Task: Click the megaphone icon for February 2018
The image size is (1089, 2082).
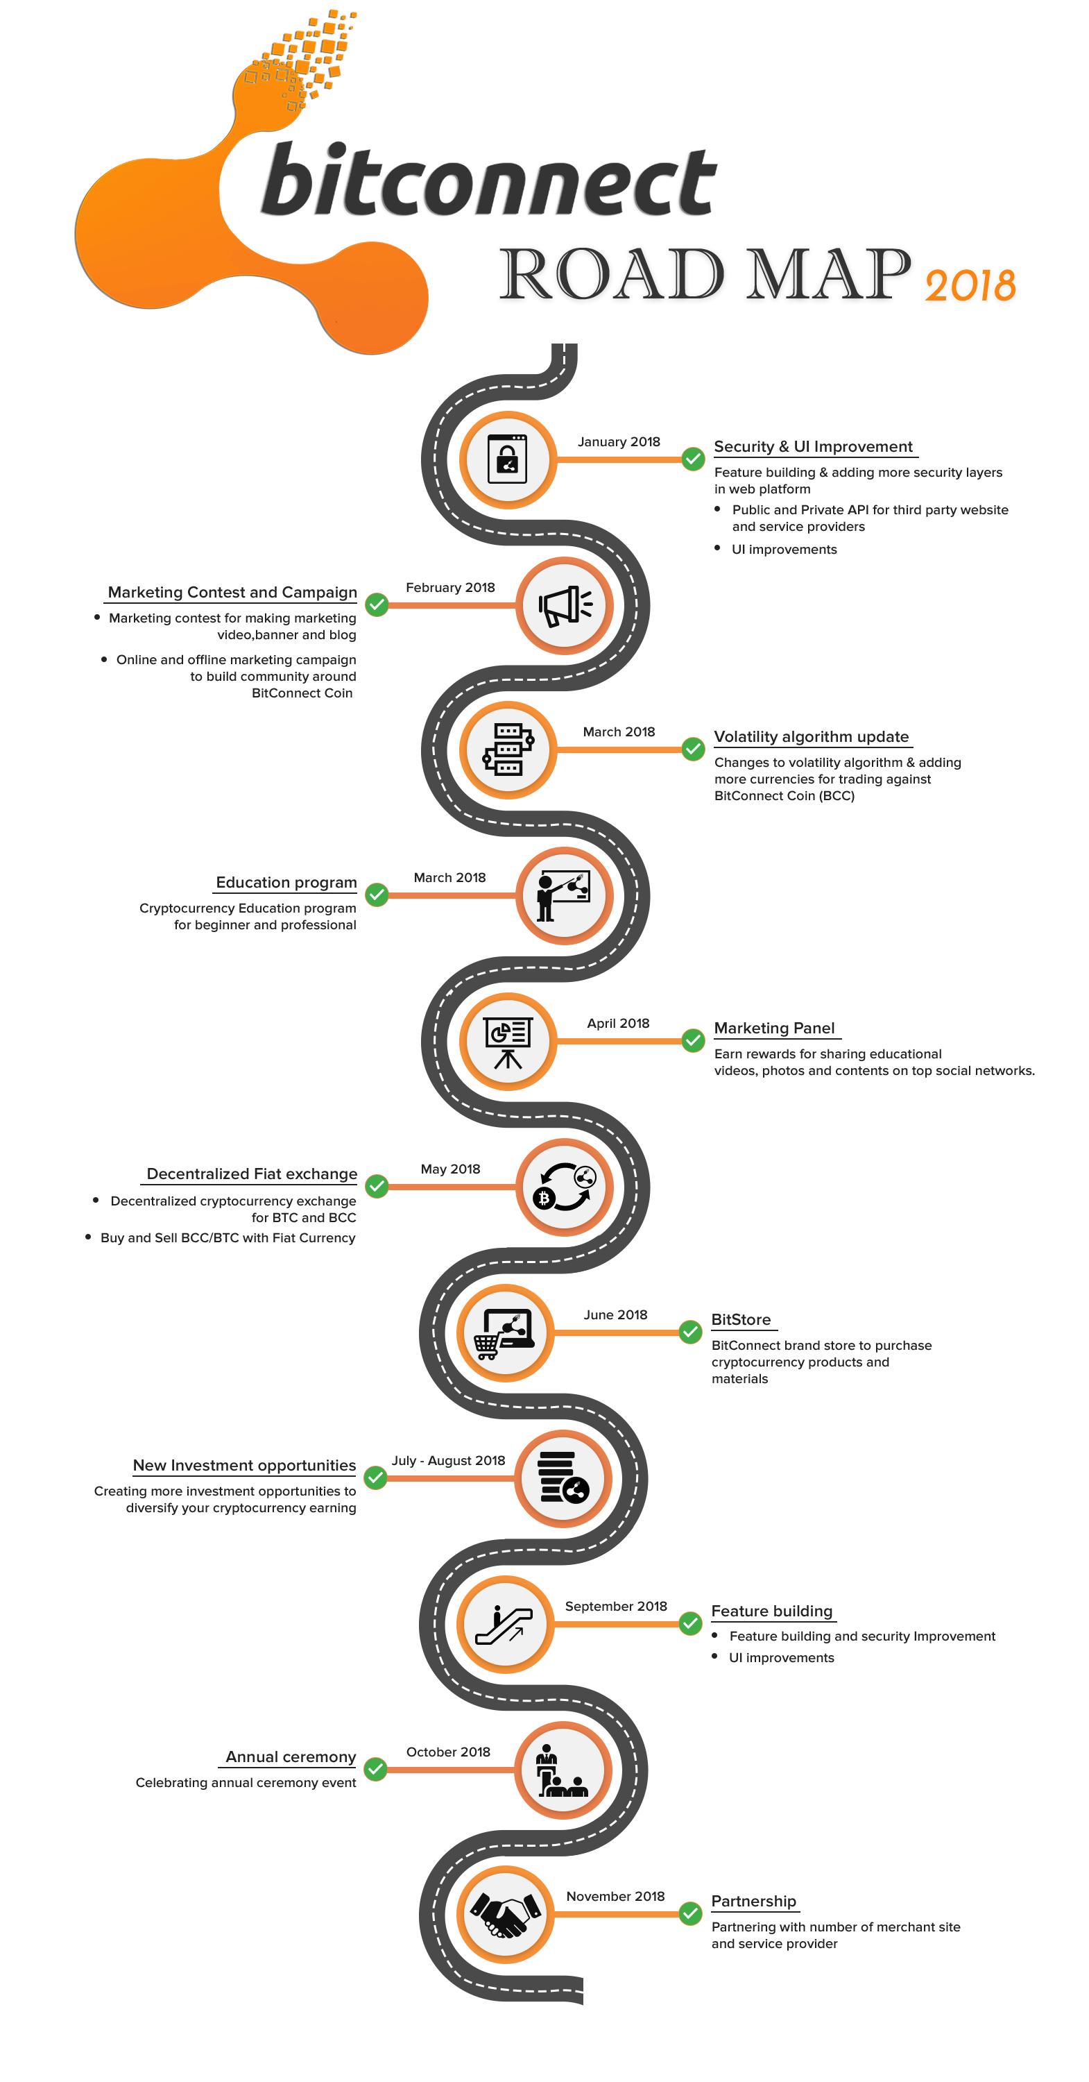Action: coord(565,605)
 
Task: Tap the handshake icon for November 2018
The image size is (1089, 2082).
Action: coord(506,1915)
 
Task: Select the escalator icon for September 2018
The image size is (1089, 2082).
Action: coord(506,1624)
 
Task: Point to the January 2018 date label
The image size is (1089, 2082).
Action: coord(619,442)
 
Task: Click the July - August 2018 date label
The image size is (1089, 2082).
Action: coord(448,1460)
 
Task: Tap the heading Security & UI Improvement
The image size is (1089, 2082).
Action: coord(813,447)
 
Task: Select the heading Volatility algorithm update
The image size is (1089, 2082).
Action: coord(811,737)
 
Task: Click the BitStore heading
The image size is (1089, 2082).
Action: coord(741,1320)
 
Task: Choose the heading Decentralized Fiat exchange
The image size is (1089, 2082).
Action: coord(251,1174)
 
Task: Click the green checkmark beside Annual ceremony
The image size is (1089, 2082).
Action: coord(375,1769)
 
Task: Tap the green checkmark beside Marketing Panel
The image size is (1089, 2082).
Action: coord(692,1040)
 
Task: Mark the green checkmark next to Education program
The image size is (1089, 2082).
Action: coord(377,895)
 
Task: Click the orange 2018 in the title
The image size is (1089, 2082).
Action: coord(970,286)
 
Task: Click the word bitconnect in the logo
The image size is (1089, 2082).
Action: coord(488,182)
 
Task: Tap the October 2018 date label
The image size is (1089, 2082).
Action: coord(448,1752)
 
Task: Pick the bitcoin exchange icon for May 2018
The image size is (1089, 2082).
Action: coord(565,1187)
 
